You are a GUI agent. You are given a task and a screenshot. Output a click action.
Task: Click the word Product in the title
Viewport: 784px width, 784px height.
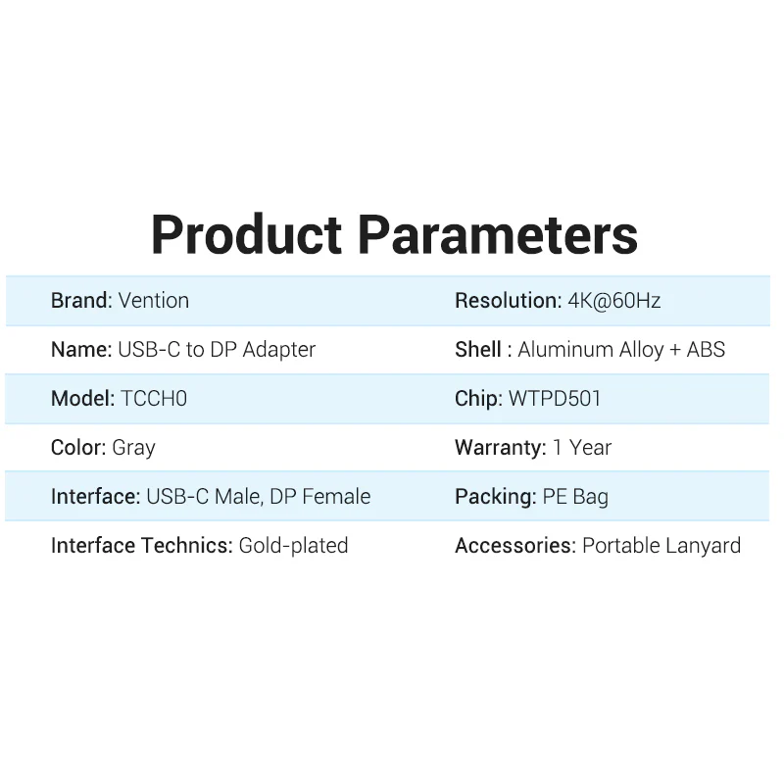[x=247, y=235]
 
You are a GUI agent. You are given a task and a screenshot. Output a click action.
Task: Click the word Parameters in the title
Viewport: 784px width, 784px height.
[x=497, y=235]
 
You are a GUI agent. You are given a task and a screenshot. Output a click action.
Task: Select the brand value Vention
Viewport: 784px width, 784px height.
[x=154, y=301]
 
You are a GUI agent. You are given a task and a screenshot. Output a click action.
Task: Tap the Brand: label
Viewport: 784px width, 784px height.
[x=81, y=301]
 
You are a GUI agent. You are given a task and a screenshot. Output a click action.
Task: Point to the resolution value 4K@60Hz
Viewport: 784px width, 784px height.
[x=614, y=301]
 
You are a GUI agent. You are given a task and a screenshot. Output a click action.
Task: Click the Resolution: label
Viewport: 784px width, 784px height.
[x=508, y=301]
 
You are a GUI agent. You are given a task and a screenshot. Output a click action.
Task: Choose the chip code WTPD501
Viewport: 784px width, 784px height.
[x=555, y=399]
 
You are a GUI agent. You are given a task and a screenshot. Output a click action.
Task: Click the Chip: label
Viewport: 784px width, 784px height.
[x=478, y=399]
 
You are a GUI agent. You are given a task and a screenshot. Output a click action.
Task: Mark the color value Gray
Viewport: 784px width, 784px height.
[x=134, y=448]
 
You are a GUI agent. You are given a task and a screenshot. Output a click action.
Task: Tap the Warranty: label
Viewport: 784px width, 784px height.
[x=500, y=448]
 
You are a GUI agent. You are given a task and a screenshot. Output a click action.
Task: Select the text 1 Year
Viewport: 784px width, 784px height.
[x=582, y=448]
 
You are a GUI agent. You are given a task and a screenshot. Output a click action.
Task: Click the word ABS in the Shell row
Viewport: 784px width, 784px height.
[x=706, y=350]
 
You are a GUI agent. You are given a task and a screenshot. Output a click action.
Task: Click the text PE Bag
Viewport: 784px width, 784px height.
[x=575, y=497]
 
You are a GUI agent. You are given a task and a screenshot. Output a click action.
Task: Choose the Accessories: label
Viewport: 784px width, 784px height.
[x=514, y=546]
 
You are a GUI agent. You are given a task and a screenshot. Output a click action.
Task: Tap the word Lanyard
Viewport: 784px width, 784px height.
[x=703, y=546]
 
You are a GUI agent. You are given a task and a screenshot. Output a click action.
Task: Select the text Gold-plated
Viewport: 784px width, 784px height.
[x=294, y=546]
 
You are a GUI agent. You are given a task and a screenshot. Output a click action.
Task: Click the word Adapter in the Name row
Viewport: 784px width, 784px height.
[x=279, y=350]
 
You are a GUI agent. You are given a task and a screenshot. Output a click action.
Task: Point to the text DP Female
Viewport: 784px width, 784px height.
[x=320, y=497]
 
